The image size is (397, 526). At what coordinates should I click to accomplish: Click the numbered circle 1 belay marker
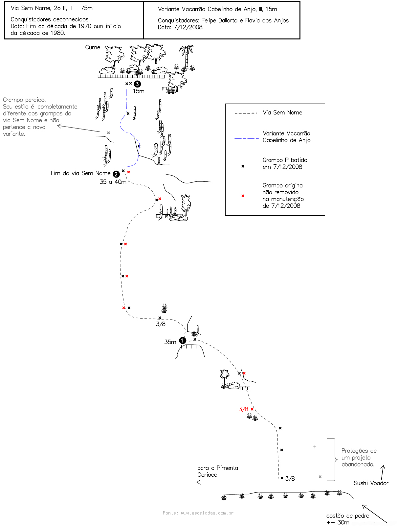pyautogui.click(x=183, y=341)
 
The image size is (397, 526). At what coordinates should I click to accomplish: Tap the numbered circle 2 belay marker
pyautogui.click(x=116, y=174)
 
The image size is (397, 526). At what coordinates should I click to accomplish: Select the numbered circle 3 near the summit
pyautogui.click(x=137, y=84)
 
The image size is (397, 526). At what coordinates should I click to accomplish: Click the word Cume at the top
pyautogui.click(x=93, y=47)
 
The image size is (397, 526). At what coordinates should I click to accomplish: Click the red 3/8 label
pyautogui.click(x=243, y=409)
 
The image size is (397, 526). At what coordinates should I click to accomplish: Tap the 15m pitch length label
pyautogui.click(x=139, y=91)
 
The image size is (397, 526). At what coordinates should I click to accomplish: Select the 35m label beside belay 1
pyautogui.click(x=170, y=342)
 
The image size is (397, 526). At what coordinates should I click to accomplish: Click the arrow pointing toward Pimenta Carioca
pyautogui.click(x=209, y=482)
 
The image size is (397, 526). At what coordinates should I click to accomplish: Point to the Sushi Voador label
pyautogui.click(x=371, y=483)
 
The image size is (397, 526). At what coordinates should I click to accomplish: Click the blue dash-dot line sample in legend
pyautogui.click(x=247, y=138)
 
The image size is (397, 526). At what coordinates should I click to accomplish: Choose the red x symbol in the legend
pyautogui.click(x=243, y=196)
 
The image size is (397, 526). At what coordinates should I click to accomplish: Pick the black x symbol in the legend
pyautogui.click(x=243, y=166)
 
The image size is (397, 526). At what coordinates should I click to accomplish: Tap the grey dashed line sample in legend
pyautogui.click(x=246, y=113)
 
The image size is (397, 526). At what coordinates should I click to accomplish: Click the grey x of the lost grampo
pyautogui.click(x=108, y=133)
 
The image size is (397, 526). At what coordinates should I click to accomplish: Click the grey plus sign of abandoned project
pyautogui.click(x=315, y=447)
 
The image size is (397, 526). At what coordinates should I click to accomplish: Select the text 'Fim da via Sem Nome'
pyautogui.click(x=80, y=173)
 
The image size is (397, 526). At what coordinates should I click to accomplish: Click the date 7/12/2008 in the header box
pyautogui.click(x=188, y=27)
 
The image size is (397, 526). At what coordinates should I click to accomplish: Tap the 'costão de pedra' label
pyautogui.click(x=348, y=516)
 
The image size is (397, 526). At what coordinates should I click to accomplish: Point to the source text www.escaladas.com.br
pyautogui.click(x=207, y=513)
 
